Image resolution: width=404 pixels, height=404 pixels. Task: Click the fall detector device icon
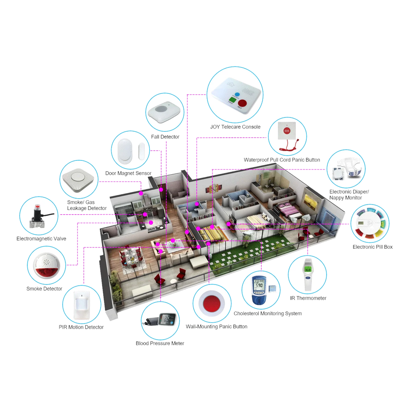(165, 112)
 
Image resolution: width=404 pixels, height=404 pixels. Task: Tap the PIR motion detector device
(82, 304)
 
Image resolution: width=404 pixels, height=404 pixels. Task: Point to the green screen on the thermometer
(308, 269)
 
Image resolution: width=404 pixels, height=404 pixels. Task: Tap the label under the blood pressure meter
(160, 343)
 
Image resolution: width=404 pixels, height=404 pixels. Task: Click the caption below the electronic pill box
(372, 247)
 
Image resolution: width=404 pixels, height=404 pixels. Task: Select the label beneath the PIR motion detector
(81, 327)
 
